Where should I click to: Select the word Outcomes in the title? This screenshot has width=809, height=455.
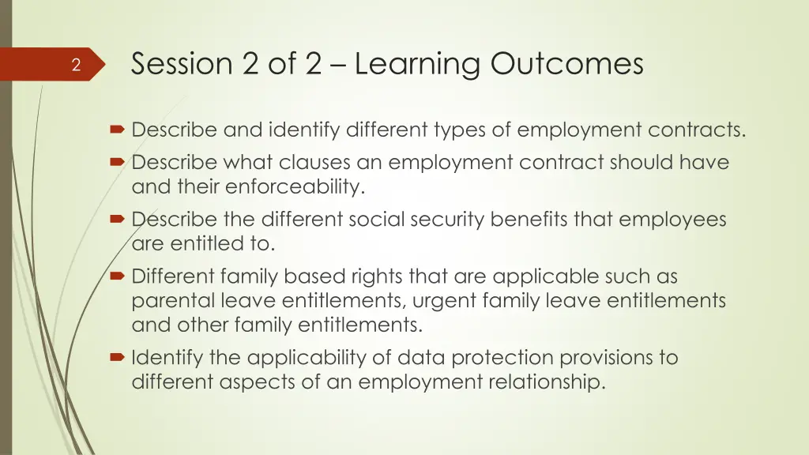[x=566, y=64]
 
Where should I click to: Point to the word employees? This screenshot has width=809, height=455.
[x=672, y=220]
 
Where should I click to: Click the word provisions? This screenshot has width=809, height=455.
[x=608, y=358]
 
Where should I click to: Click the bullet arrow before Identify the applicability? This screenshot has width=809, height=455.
[x=117, y=358]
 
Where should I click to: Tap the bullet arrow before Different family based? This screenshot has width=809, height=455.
[x=117, y=276]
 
